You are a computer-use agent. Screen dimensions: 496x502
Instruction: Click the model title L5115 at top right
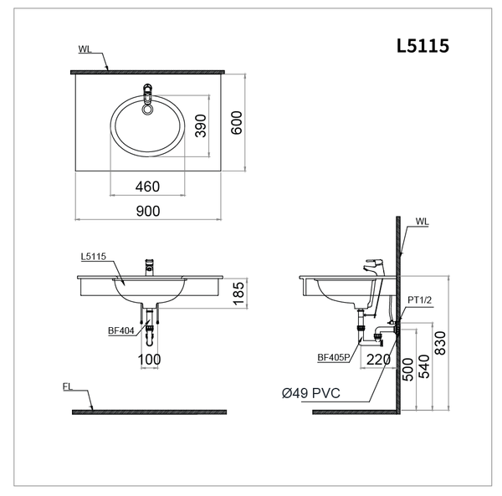coord(423,46)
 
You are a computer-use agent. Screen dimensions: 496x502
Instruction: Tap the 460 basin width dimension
coord(147,185)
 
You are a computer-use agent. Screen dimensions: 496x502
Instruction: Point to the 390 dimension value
coord(201,125)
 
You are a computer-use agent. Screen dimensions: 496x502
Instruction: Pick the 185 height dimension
coord(238,294)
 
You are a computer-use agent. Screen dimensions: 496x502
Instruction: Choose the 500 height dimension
coord(407,370)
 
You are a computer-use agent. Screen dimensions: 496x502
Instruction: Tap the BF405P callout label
coord(332,358)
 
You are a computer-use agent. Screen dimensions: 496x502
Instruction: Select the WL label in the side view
coord(421,222)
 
